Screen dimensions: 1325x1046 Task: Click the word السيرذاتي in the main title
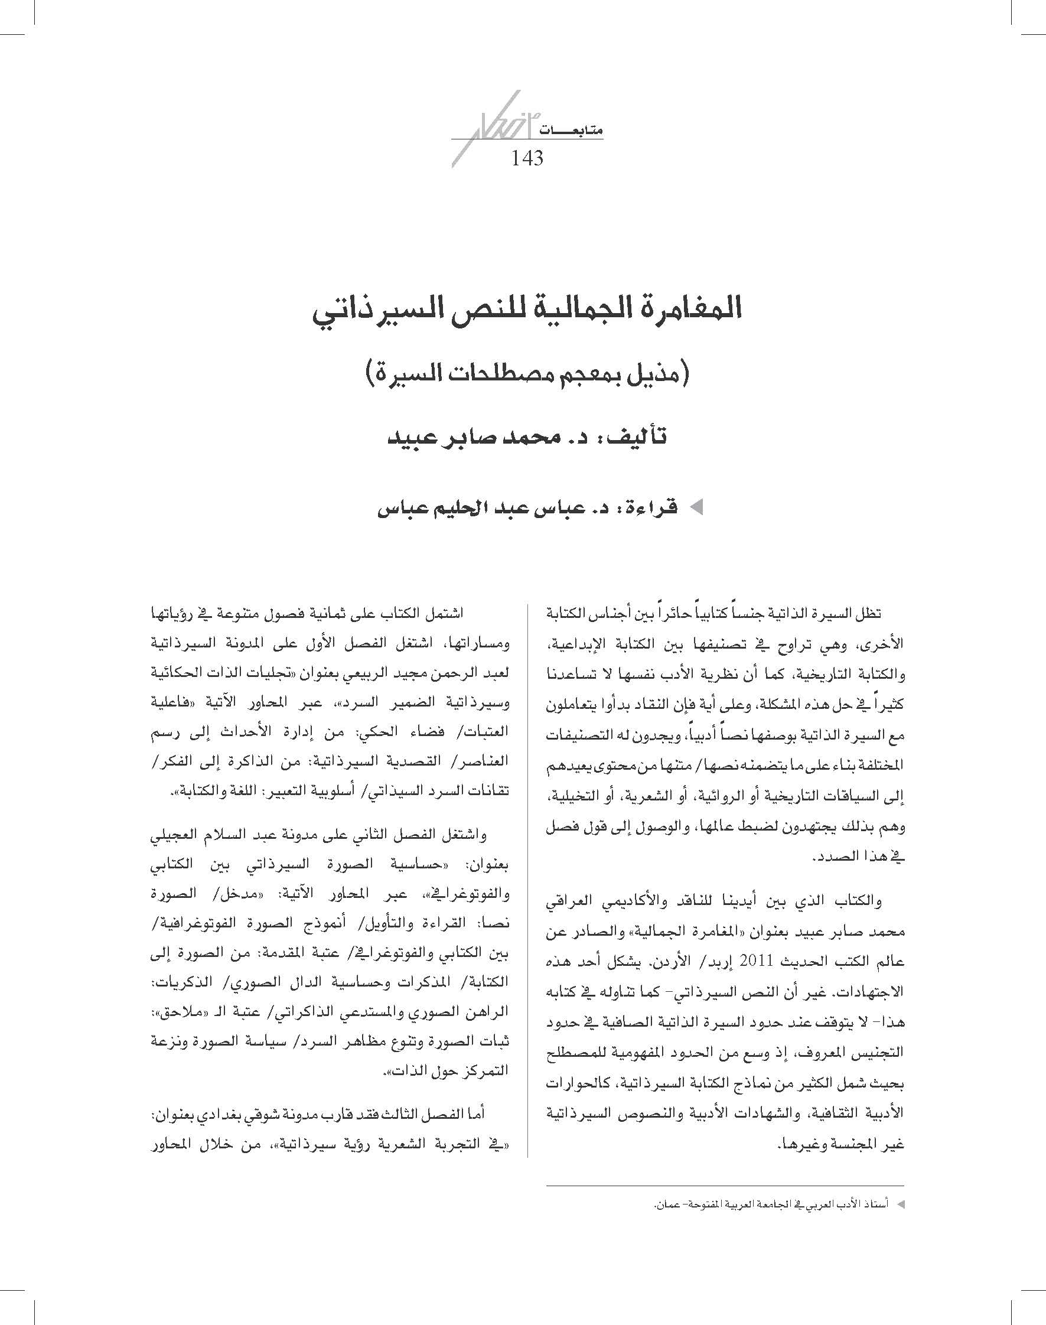tap(377, 310)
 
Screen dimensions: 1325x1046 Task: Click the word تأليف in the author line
tap(633, 435)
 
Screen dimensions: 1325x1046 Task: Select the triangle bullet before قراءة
tap(696, 508)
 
